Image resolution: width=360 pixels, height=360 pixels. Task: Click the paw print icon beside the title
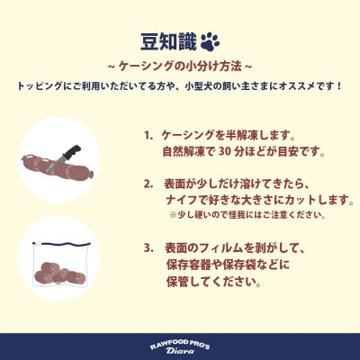coord(210,41)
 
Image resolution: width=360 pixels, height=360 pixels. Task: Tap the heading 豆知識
coord(166,41)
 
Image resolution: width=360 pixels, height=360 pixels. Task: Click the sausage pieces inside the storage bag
coord(59,269)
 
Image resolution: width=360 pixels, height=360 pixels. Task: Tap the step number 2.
coord(148,184)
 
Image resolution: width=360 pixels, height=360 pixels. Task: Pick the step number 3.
coord(148,247)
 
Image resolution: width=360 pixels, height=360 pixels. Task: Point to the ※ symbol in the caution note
coord(173,216)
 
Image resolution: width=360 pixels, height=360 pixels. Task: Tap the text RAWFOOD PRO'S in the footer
coord(180,343)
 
